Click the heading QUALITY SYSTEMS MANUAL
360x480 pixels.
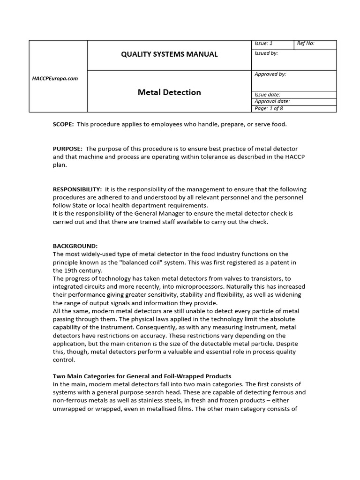(x=169, y=54)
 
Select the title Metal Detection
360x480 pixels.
(x=169, y=92)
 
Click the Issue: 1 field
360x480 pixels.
(x=263, y=44)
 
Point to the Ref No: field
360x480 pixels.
(x=306, y=44)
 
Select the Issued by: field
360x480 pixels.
(x=266, y=53)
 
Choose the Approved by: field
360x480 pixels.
(x=270, y=74)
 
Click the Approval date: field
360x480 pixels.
(x=272, y=101)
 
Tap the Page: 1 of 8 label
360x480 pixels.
(x=269, y=108)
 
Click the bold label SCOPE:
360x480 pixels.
(x=63, y=124)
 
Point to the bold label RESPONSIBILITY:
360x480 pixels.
(x=77, y=189)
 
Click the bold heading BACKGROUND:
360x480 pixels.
(x=75, y=246)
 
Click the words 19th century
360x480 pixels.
(x=80, y=270)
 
